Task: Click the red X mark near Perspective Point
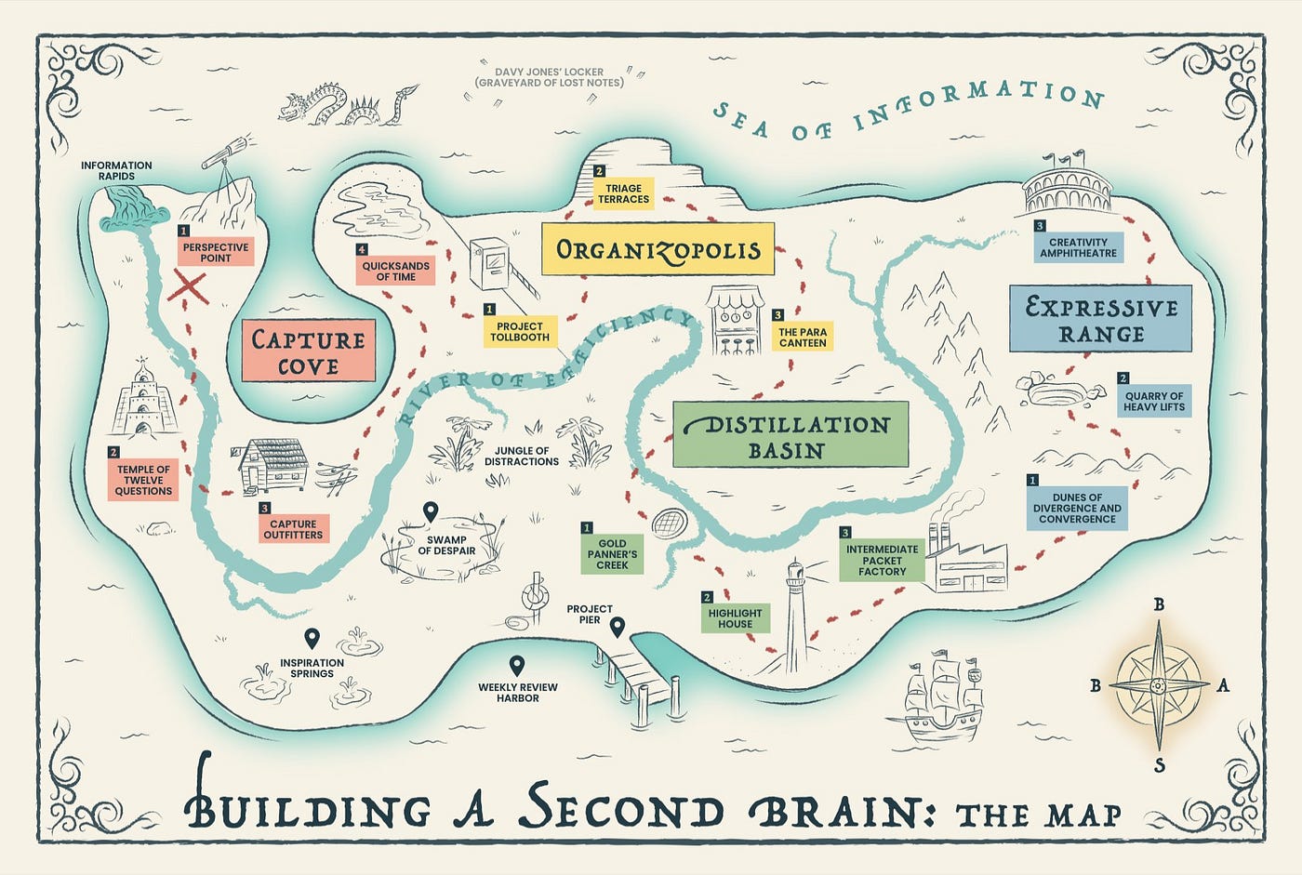190,287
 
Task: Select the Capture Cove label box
308,351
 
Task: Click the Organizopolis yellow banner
658,249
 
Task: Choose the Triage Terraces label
623,193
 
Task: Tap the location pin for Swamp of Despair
431,511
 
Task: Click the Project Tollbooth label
520,332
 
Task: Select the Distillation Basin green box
790,435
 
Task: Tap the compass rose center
1158,686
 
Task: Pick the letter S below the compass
1159,766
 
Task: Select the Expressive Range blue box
1100,319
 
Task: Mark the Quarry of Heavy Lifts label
1153,401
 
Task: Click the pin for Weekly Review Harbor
517,666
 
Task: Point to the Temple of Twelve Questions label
143,480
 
